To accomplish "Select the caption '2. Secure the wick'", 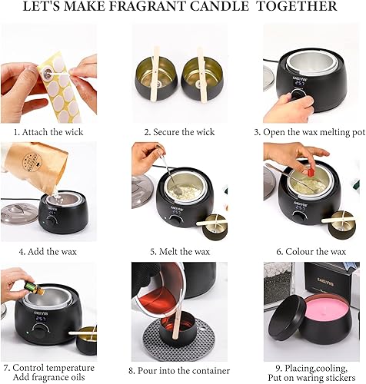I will click(182, 131).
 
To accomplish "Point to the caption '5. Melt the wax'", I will click(181, 251).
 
